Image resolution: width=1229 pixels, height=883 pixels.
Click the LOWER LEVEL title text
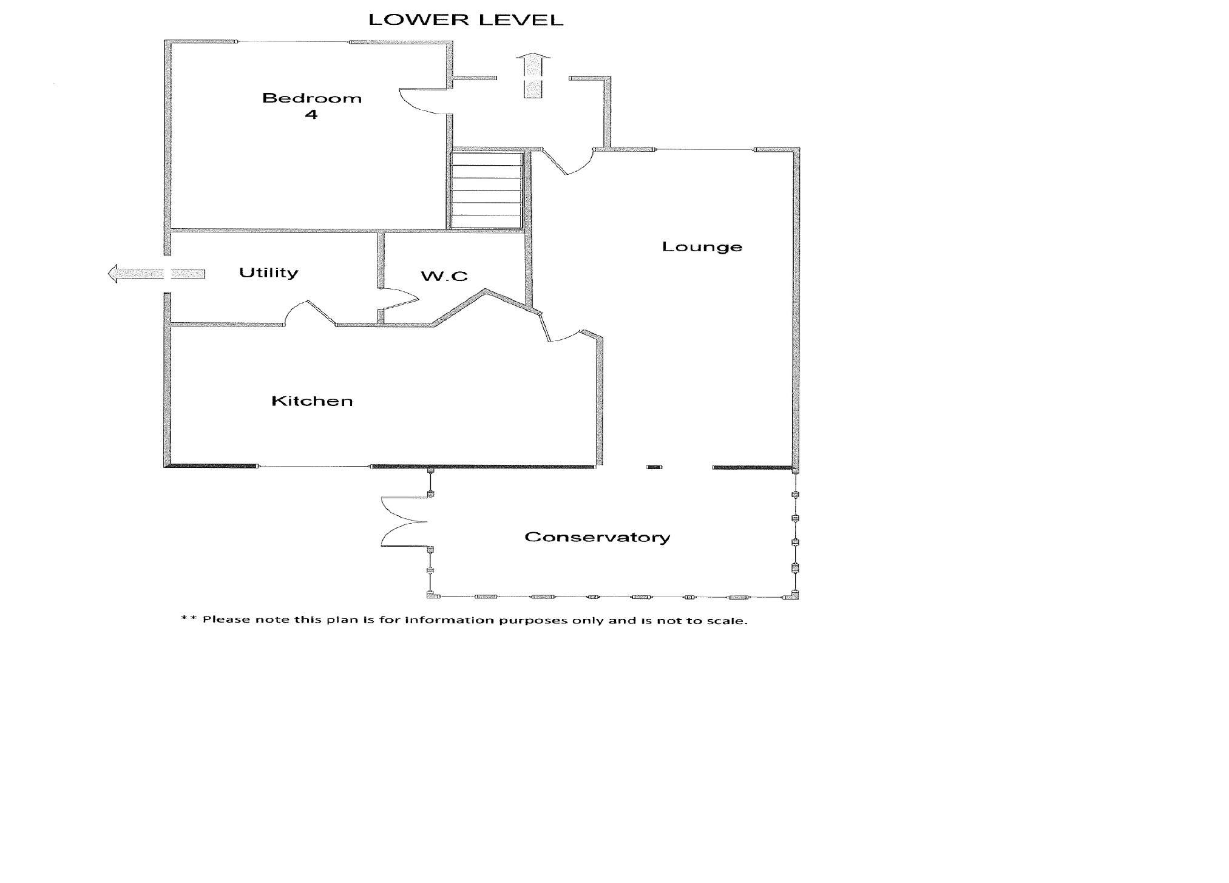tap(466, 20)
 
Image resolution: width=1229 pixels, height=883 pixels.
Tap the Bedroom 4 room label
tap(311, 106)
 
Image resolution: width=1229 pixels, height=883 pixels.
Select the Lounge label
tap(702, 247)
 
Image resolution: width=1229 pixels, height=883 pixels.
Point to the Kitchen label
tap(312, 401)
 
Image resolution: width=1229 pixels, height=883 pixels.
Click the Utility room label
tap(268, 272)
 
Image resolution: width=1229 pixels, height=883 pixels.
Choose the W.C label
tap(444, 277)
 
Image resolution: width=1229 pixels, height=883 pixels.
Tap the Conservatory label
tap(597, 537)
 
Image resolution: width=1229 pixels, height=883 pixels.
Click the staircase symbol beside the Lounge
tap(487, 190)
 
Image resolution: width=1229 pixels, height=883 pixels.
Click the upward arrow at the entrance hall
tap(533, 75)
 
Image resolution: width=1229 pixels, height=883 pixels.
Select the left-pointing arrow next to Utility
tap(155, 274)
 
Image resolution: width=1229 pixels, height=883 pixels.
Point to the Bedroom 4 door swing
tap(422, 101)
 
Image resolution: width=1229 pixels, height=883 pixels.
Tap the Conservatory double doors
tap(403, 521)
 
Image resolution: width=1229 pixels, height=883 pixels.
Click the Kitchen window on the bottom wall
tap(314, 466)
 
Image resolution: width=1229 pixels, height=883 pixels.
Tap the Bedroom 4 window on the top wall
tap(293, 42)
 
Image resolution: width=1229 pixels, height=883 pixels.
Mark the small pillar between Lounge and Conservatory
tap(654, 467)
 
